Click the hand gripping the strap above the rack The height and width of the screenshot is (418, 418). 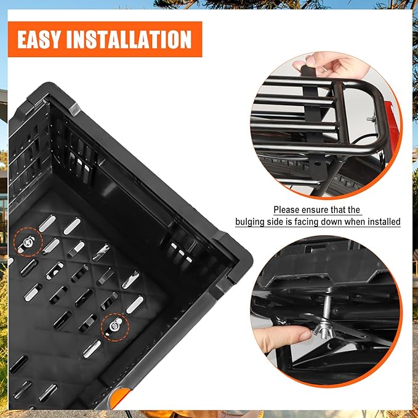pos(326,65)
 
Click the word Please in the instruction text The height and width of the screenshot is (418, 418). pos(287,210)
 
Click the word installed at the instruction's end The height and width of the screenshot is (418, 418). pos(384,222)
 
